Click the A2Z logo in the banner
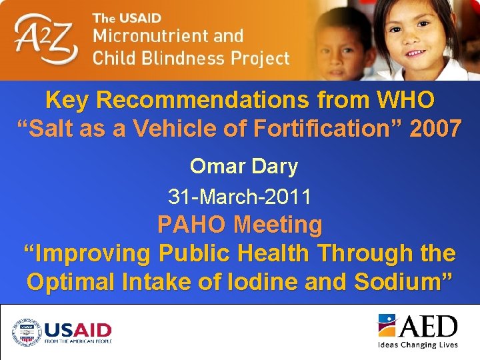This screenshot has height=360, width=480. pyautogui.click(x=47, y=39)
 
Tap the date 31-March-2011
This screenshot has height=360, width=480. pyautogui.click(x=239, y=197)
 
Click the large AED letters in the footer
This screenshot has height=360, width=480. pyautogui.click(x=428, y=327)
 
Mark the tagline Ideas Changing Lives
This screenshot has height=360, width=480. pyautogui.click(x=417, y=345)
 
